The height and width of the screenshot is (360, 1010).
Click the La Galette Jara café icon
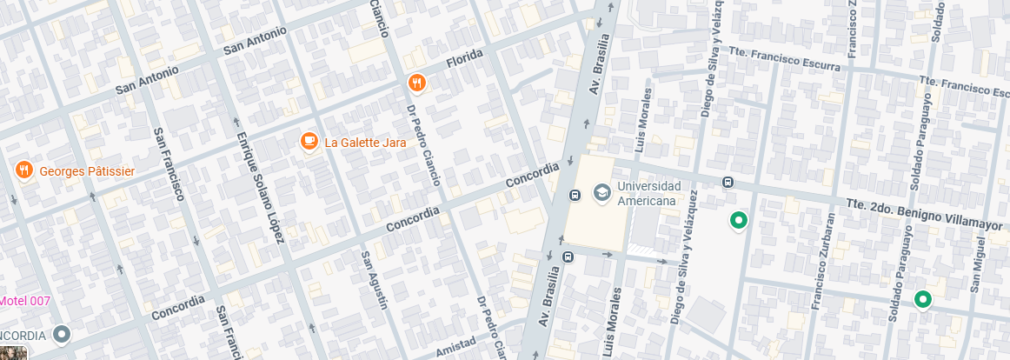tap(309, 142)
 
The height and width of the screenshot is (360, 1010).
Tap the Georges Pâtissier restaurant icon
tap(23, 170)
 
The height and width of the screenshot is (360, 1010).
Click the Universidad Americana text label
tap(646, 194)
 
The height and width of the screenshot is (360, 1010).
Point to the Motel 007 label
tap(25, 301)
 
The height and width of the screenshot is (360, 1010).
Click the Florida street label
tap(463, 59)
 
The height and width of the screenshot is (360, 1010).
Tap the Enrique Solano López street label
tap(261, 188)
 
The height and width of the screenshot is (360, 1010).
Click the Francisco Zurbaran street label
tap(823, 261)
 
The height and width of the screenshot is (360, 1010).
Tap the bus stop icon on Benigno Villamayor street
tap(728, 183)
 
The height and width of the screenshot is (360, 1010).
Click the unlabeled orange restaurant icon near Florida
tap(417, 83)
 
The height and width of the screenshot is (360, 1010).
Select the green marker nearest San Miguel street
tap(922, 300)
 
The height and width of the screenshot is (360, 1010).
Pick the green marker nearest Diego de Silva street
tap(739, 221)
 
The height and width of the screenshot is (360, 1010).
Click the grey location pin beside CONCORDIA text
tap(61, 333)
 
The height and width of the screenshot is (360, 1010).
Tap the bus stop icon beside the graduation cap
tap(574, 194)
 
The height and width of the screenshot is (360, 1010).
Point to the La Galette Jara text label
tap(365, 143)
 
